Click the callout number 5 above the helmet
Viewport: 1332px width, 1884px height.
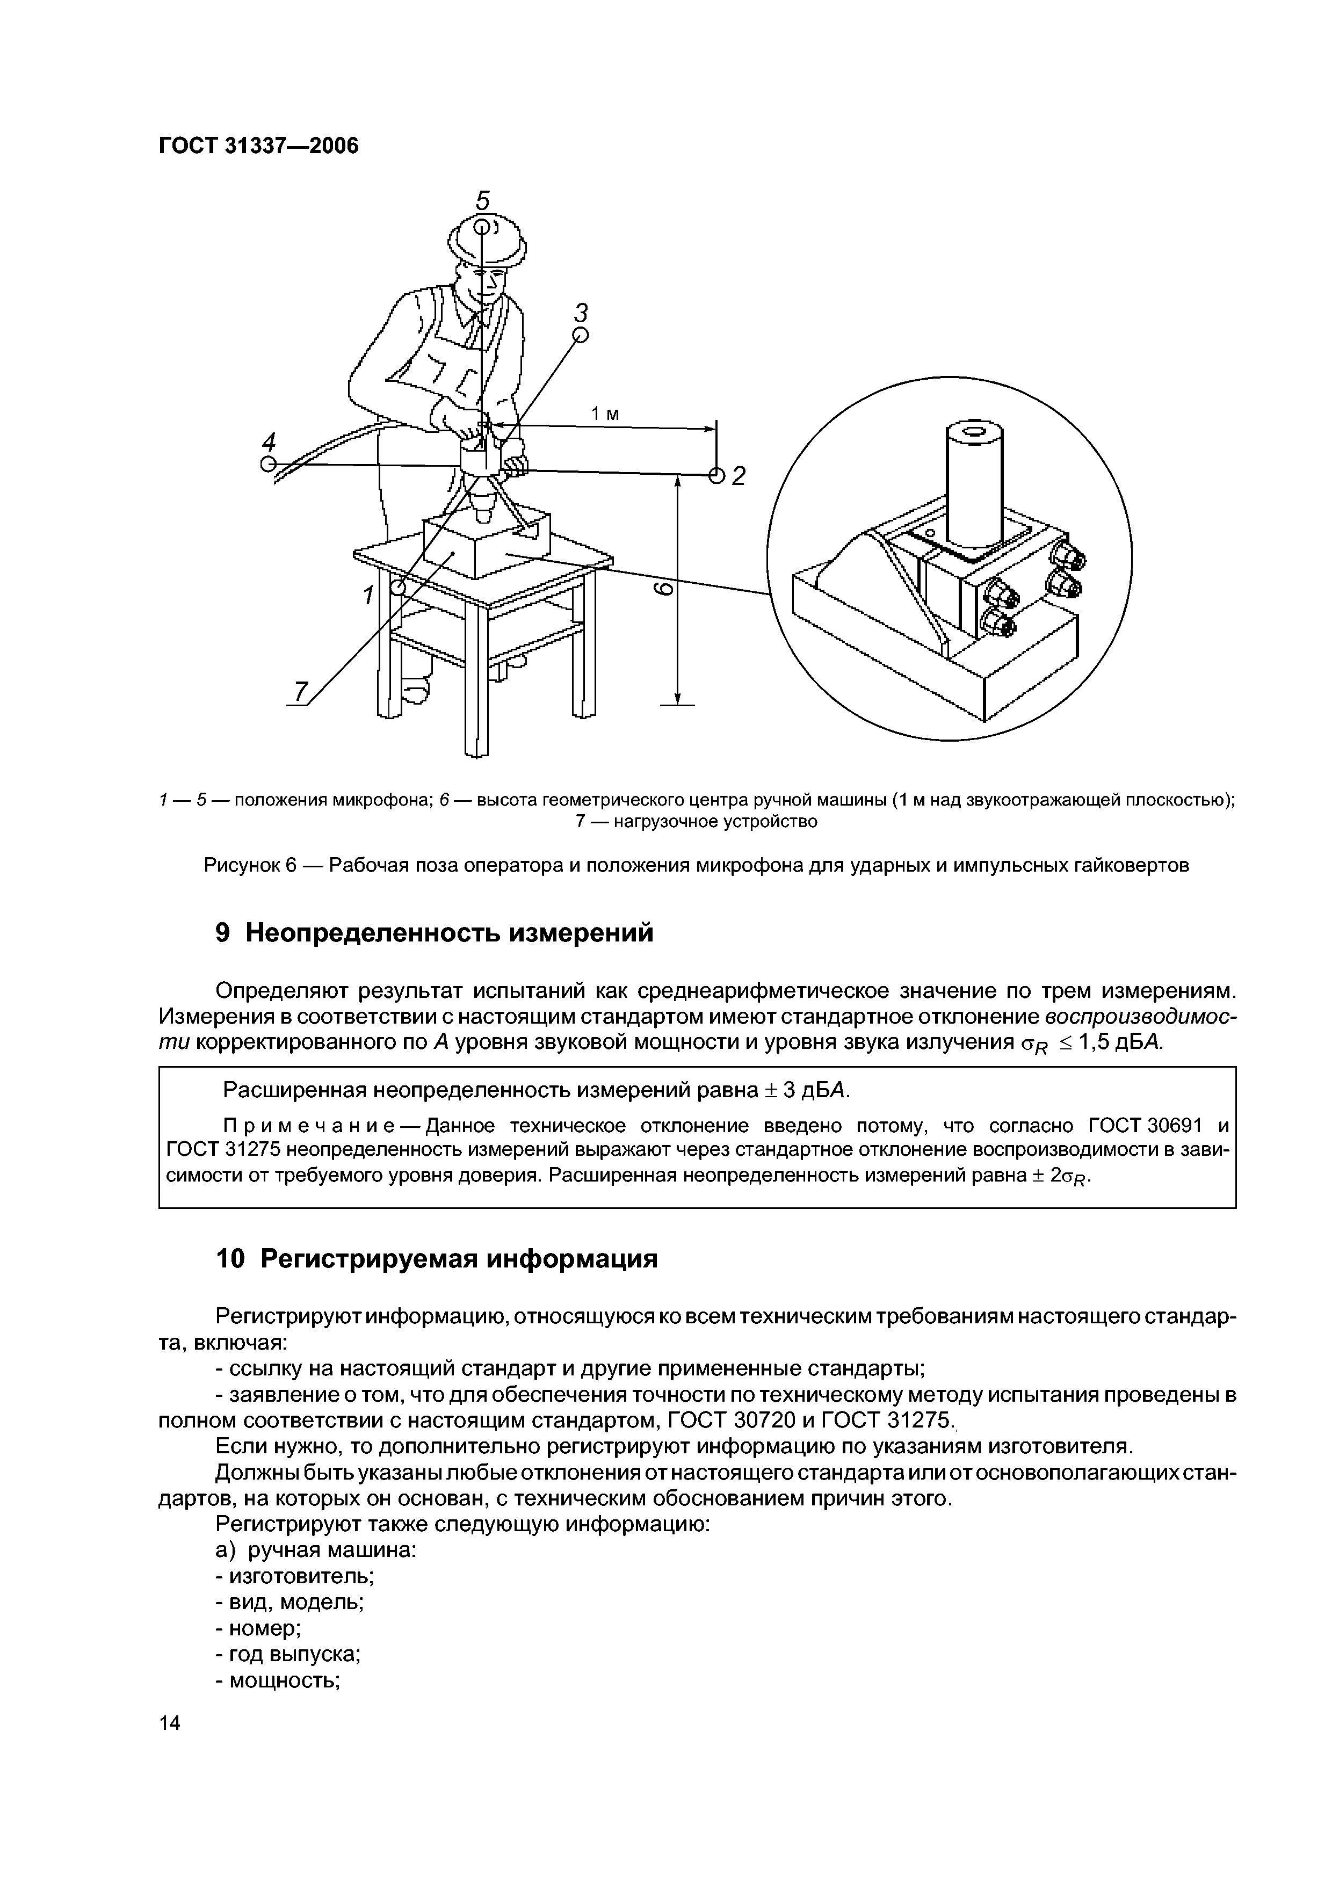pos(483,200)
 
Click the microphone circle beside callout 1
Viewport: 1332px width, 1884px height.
pos(398,588)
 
